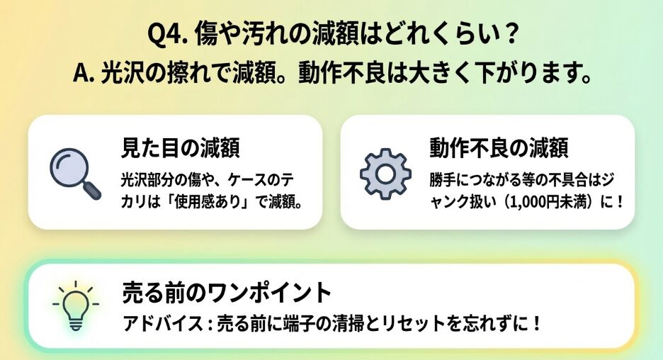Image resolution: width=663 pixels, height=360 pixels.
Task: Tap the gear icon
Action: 385,174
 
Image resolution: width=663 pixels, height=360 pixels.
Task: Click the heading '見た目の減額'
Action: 181,148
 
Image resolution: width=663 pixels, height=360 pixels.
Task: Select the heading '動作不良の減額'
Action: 499,148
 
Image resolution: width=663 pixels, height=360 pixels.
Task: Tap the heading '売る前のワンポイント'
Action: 227,293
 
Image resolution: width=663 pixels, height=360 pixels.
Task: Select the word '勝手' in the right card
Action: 443,180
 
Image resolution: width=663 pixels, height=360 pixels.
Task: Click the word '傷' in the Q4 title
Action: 206,35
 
